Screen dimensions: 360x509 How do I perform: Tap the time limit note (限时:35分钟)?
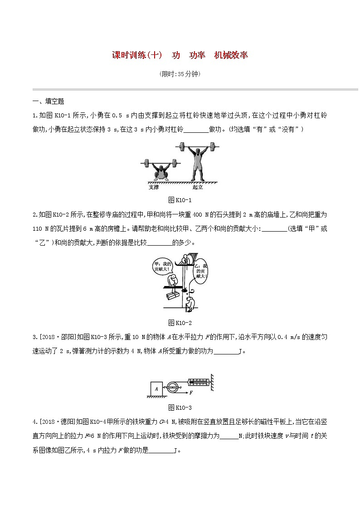point(180,74)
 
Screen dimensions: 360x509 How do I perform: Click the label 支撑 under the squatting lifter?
point(154,187)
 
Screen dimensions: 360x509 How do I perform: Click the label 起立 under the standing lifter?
point(197,187)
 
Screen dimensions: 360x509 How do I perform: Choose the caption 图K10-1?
point(180,200)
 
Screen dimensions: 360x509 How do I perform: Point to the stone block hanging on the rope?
point(171,296)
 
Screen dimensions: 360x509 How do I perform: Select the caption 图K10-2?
point(180,323)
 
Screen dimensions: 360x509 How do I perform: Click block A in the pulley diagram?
point(156,388)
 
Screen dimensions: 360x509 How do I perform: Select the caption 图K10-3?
point(180,407)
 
